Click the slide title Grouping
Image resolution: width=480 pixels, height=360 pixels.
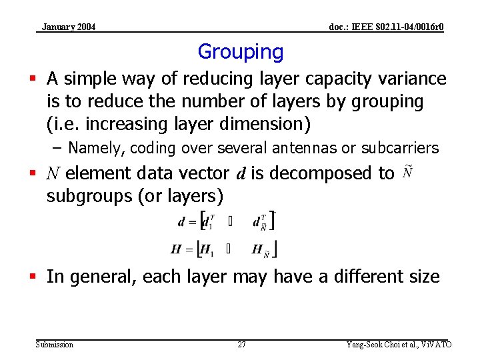[241, 51]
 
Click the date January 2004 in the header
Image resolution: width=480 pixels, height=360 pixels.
[69, 27]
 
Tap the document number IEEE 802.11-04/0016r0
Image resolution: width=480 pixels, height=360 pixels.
[387, 27]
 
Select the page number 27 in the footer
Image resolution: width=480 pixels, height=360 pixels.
[241, 345]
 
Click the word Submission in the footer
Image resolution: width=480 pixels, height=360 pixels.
[55, 345]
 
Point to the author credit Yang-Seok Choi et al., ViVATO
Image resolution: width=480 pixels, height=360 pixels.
[399, 345]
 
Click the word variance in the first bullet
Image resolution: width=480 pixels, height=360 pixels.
[411, 79]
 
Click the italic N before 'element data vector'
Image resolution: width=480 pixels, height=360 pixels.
[53, 173]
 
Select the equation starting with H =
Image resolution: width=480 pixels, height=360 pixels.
[224, 249]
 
